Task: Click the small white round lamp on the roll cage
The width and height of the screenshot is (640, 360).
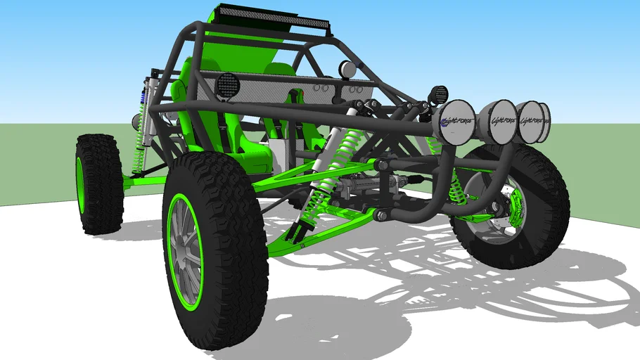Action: (x=347, y=69)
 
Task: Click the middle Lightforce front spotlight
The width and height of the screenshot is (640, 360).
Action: (x=501, y=120)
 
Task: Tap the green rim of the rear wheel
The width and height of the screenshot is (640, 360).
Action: (x=81, y=184)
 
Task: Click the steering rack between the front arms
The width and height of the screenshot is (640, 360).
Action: (x=366, y=188)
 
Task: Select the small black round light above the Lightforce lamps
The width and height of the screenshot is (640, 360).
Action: (x=438, y=94)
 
